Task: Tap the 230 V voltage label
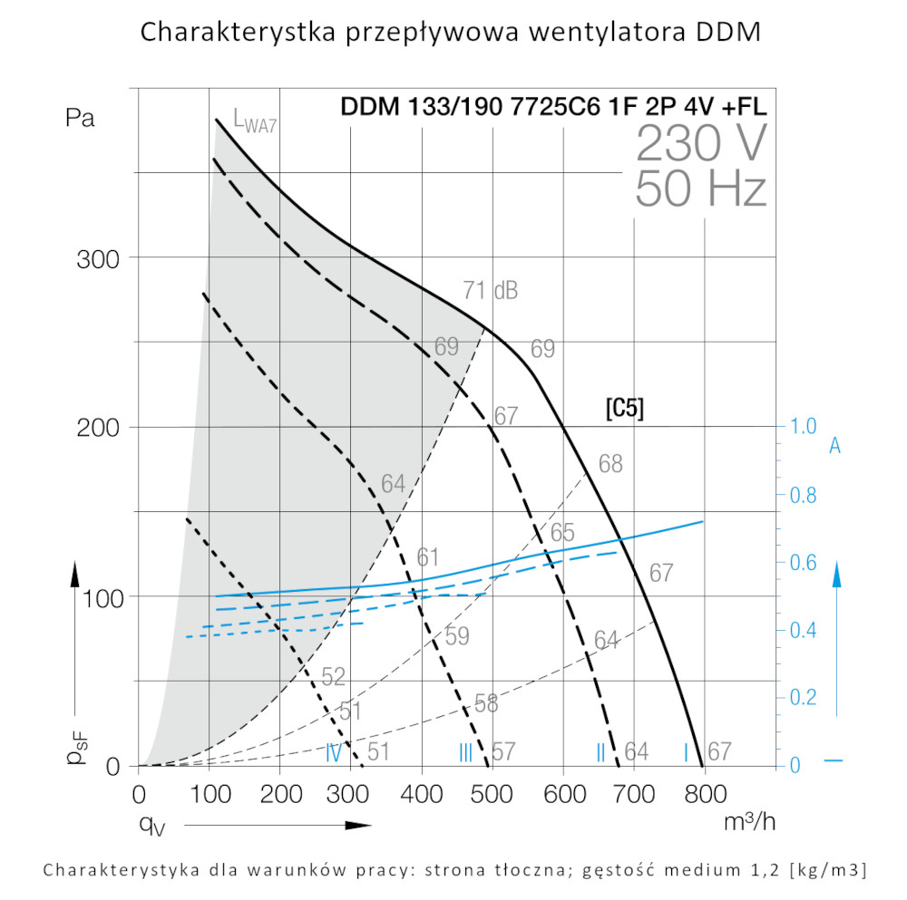point(701,143)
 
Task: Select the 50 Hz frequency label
point(701,188)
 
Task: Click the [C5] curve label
point(625,409)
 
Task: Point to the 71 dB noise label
point(490,291)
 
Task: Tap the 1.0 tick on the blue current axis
point(803,426)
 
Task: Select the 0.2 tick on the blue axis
point(803,697)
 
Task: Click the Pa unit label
point(80,119)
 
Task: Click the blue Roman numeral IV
point(334,751)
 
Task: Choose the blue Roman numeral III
point(465,751)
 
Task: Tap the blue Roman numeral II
point(600,751)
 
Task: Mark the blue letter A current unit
point(835,446)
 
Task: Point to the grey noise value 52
point(334,676)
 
